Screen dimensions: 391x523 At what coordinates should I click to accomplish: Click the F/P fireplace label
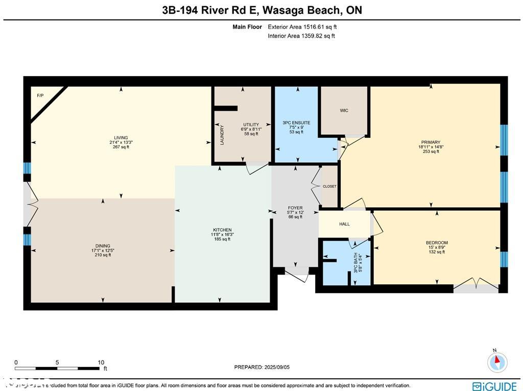click(40, 95)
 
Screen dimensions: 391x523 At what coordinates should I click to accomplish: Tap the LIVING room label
click(121, 138)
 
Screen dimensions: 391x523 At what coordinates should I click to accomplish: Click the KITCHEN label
click(222, 230)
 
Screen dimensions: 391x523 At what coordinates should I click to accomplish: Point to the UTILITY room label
click(251, 125)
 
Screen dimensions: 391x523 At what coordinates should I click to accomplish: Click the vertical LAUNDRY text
click(222, 135)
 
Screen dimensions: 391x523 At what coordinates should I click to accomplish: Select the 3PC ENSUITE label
click(296, 123)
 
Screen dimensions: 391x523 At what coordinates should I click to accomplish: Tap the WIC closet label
click(344, 111)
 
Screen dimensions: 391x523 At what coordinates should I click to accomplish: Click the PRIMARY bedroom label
click(431, 142)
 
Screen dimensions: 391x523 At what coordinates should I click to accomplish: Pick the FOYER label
click(295, 208)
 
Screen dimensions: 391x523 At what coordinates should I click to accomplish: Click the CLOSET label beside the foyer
click(329, 186)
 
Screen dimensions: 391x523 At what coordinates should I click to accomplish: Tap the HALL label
click(345, 224)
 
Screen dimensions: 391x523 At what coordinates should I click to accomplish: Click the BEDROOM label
click(437, 243)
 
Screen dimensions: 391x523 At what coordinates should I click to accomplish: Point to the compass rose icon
click(497, 362)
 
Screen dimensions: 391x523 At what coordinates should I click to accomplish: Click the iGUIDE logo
click(495, 386)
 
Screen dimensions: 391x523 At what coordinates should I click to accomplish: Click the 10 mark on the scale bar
click(101, 362)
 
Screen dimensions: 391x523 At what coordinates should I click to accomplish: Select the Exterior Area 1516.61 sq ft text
click(302, 27)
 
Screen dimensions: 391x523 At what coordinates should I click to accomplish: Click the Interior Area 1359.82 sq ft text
click(301, 36)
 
